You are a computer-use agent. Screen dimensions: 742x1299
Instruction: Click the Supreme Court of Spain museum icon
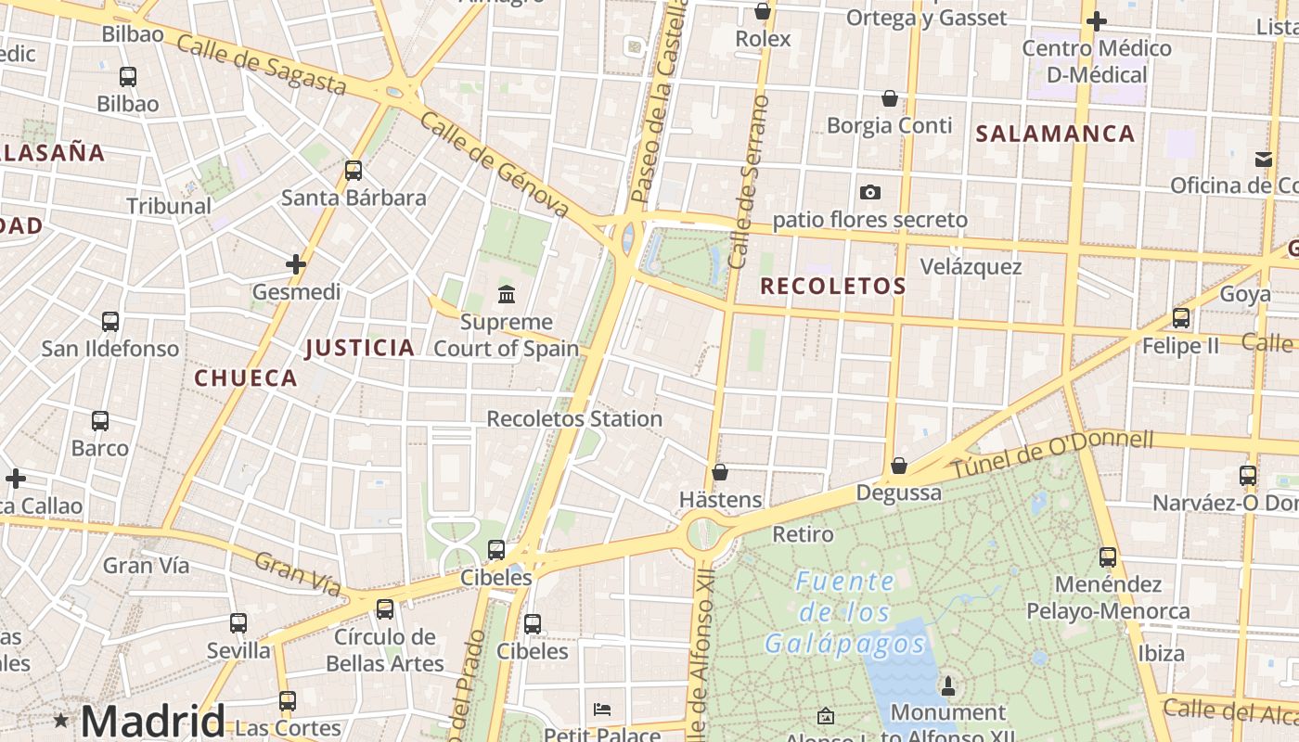507,295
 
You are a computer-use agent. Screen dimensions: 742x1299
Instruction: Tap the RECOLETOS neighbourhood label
832,287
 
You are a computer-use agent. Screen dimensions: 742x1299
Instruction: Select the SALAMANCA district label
1055,134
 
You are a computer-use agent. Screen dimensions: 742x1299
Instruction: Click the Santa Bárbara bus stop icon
353,171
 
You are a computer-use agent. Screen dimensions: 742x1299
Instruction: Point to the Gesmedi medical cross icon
296,265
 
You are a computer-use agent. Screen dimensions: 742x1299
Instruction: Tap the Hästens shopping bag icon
719,472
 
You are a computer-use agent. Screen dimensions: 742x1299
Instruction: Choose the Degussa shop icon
898,466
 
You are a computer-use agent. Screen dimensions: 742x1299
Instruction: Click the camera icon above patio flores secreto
869,193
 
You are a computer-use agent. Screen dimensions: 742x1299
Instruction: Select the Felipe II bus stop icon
1180,318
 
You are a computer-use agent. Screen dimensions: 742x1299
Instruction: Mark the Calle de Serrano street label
750,182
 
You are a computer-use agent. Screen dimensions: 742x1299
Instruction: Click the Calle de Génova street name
494,165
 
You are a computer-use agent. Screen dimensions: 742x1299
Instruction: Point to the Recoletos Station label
574,419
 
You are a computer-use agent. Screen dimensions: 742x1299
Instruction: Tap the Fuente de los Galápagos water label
844,612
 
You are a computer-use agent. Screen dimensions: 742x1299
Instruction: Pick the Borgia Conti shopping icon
889,98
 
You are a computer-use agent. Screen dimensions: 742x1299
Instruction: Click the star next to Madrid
61,720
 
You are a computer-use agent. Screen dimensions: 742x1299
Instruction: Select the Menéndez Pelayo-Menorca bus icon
1108,557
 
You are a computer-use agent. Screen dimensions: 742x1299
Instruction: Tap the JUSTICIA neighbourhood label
360,348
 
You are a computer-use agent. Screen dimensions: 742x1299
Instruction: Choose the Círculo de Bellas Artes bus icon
384,609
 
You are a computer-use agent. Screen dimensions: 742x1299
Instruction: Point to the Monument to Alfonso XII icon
947,686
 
